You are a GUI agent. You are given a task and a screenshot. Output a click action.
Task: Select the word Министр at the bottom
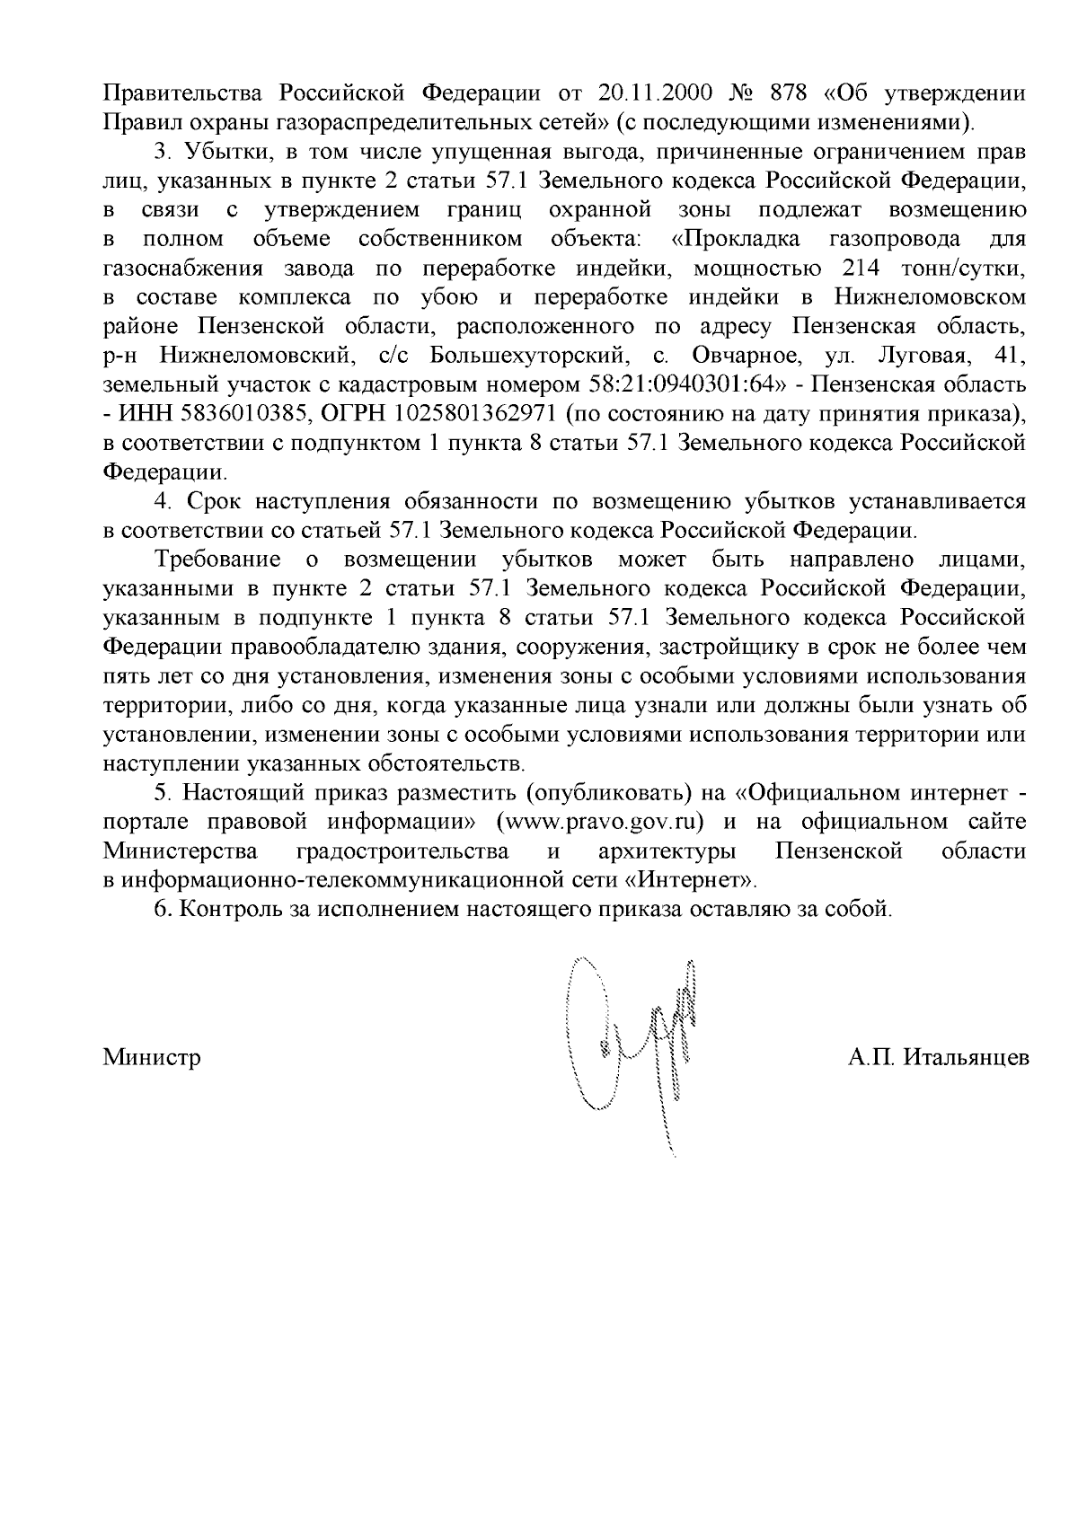[x=152, y=1057]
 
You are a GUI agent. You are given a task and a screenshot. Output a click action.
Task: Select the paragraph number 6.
[x=162, y=908]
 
